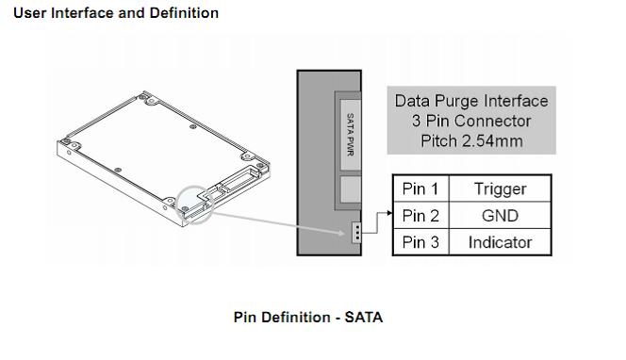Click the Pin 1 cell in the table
pos(420,188)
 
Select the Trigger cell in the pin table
pos(501,188)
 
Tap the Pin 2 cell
pos(420,215)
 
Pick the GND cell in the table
pos(501,215)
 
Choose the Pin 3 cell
pos(420,242)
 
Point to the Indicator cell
pos(501,242)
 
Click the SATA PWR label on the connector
pos(351,135)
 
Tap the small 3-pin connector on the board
pos(356,232)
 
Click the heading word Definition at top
pos(184,13)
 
